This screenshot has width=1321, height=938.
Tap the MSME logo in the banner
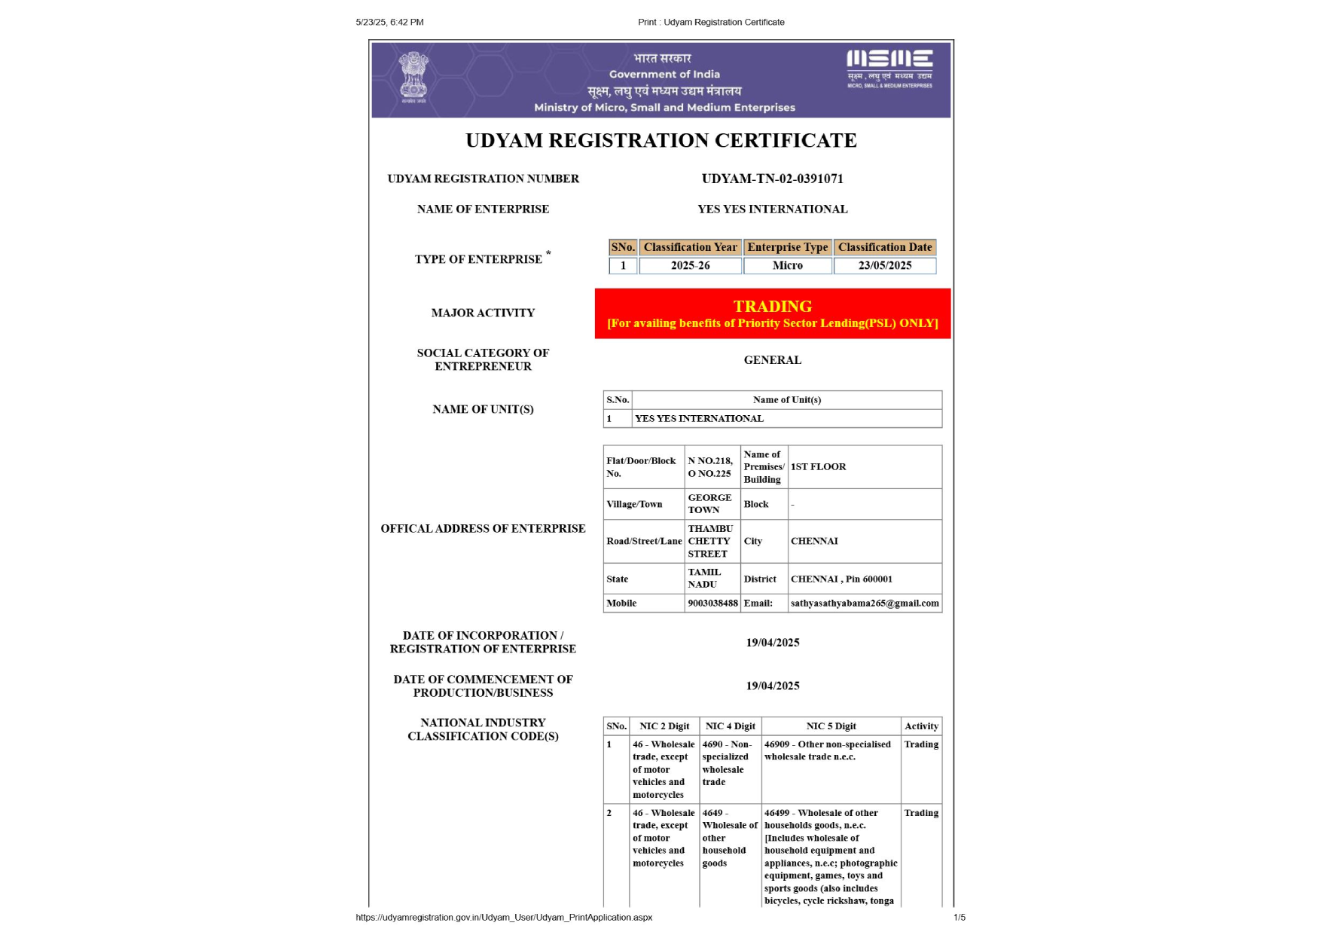click(889, 68)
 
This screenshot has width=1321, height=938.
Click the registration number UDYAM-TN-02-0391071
click(772, 179)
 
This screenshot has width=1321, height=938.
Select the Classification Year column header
click(690, 247)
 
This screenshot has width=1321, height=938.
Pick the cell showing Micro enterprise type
click(787, 265)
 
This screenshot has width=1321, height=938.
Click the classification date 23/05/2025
click(884, 265)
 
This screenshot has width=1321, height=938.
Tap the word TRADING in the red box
click(772, 306)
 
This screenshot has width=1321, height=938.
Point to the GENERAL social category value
click(772, 360)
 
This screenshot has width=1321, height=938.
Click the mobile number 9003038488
click(712, 603)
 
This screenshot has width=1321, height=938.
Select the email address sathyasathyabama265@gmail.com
click(865, 603)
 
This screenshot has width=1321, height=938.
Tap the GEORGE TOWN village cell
click(709, 503)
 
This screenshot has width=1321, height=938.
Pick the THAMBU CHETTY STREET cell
click(709, 541)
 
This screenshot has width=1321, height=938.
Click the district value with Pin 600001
click(841, 579)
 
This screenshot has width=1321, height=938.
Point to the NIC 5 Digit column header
click(831, 726)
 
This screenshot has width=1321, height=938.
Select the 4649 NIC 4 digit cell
click(729, 838)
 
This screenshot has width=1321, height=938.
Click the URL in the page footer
click(504, 917)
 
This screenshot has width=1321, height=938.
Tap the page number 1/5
click(959, 917)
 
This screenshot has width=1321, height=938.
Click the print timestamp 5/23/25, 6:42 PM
click(389, 22)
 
